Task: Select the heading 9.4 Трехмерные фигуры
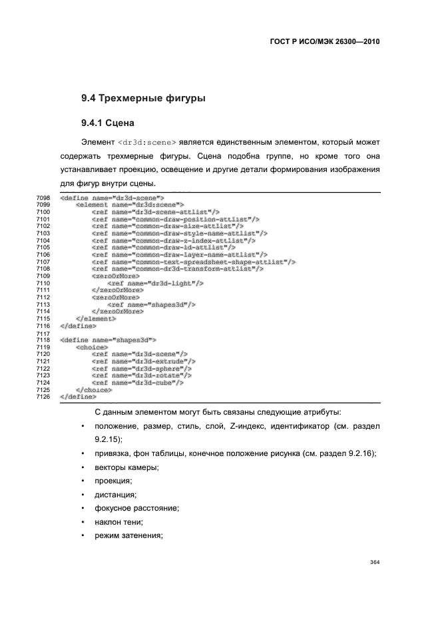pyautogui.click(x=142, y=99)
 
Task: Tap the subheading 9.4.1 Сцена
pyautogui.click(x=108, y=123)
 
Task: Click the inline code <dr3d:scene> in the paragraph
pyautogui.click(x=146, y=143)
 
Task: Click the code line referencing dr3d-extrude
pyautogui.click(x=143, y=361)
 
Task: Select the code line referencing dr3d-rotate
pyautogui.click(x=142, y=375)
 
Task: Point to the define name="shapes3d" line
pyautogui.click(x=109, y=340)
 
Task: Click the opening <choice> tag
pyautogui.click(x=91, y=347)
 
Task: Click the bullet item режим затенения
pyautogui.click(x=128, y=537)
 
